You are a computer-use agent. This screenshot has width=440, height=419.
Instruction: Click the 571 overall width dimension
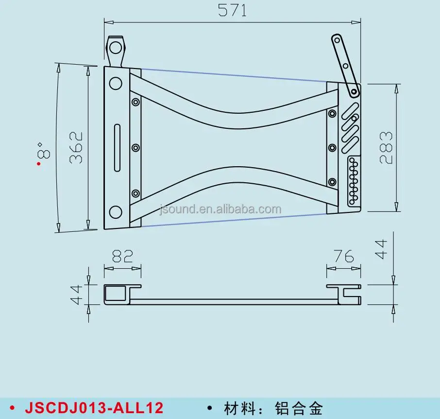(x=232, y=10)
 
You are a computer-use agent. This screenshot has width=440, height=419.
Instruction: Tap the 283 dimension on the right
(x=386, y=147)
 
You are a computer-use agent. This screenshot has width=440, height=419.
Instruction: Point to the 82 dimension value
(x=122, y=256)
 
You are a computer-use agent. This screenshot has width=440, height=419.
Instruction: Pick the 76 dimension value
(x=343, y=256)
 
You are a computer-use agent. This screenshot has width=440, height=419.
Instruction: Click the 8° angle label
(x=43, y=151)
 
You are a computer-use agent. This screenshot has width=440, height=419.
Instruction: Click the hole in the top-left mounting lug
(x=115, y=47)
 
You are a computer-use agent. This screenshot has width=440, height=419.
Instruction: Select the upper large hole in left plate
(x=116, y=84)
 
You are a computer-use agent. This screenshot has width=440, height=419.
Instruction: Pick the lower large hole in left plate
(x=116, y=212)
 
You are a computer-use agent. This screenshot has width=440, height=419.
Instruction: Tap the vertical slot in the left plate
(x=117, y=148)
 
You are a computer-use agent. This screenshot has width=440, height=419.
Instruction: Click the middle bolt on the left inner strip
(x=135, y=147)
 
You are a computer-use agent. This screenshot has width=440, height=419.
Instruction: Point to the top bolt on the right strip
(x=332, y=114)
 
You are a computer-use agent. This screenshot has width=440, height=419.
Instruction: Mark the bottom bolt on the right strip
(x=332, y=182)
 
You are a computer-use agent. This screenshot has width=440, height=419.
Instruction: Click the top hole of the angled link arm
(x=338, y=39)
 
